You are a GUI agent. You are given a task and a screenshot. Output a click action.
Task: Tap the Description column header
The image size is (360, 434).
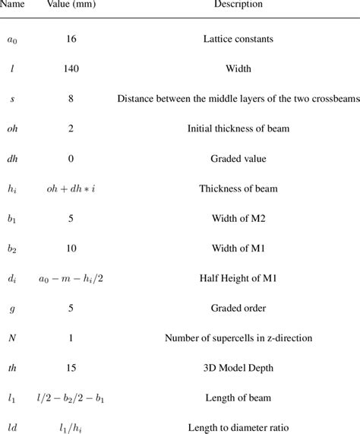coord(235,5)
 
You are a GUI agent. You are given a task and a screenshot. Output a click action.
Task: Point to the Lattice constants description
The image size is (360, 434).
coord(235,37)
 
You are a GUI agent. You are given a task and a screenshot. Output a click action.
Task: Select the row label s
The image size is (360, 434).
coord(13,99)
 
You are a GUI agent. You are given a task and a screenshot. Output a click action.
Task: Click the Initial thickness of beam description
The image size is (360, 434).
coord(235,129)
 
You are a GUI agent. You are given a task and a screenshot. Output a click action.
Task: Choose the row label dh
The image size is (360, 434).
coord(13,160)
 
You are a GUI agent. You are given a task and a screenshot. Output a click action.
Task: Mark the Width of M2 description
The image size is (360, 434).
coord(235,221)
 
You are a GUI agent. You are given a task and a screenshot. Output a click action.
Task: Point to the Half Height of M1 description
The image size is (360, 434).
coord(235,283)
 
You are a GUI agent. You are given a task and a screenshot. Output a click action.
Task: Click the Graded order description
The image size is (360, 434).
coord(235,313)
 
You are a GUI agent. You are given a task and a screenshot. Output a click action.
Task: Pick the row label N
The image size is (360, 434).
coord(13,344)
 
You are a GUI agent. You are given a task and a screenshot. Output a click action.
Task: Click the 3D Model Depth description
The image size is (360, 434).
coord(235,374)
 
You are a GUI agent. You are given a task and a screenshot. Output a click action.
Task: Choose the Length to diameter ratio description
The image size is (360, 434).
coord(235,429)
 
